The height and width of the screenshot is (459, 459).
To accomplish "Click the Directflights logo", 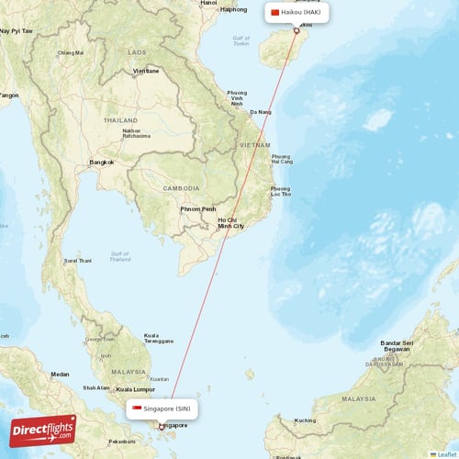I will (x=44, y=431).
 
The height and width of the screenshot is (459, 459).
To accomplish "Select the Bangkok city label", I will (x=101, y=162).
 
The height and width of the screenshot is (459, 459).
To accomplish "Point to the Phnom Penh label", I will (x=199, y=209).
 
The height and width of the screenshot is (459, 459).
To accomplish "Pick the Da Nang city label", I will (x=260, y=112).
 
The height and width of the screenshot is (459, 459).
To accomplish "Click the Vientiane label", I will (x=146, y=71).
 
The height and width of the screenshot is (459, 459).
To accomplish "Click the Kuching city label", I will (x=306, y=420).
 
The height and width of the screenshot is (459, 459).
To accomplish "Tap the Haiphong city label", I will (x=234, y=9).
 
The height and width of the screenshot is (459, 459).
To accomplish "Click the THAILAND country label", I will (x=120, y=120).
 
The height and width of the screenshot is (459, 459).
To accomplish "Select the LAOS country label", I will (x=138, y=53).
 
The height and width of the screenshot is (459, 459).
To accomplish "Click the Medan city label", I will (x=60, y=374).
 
